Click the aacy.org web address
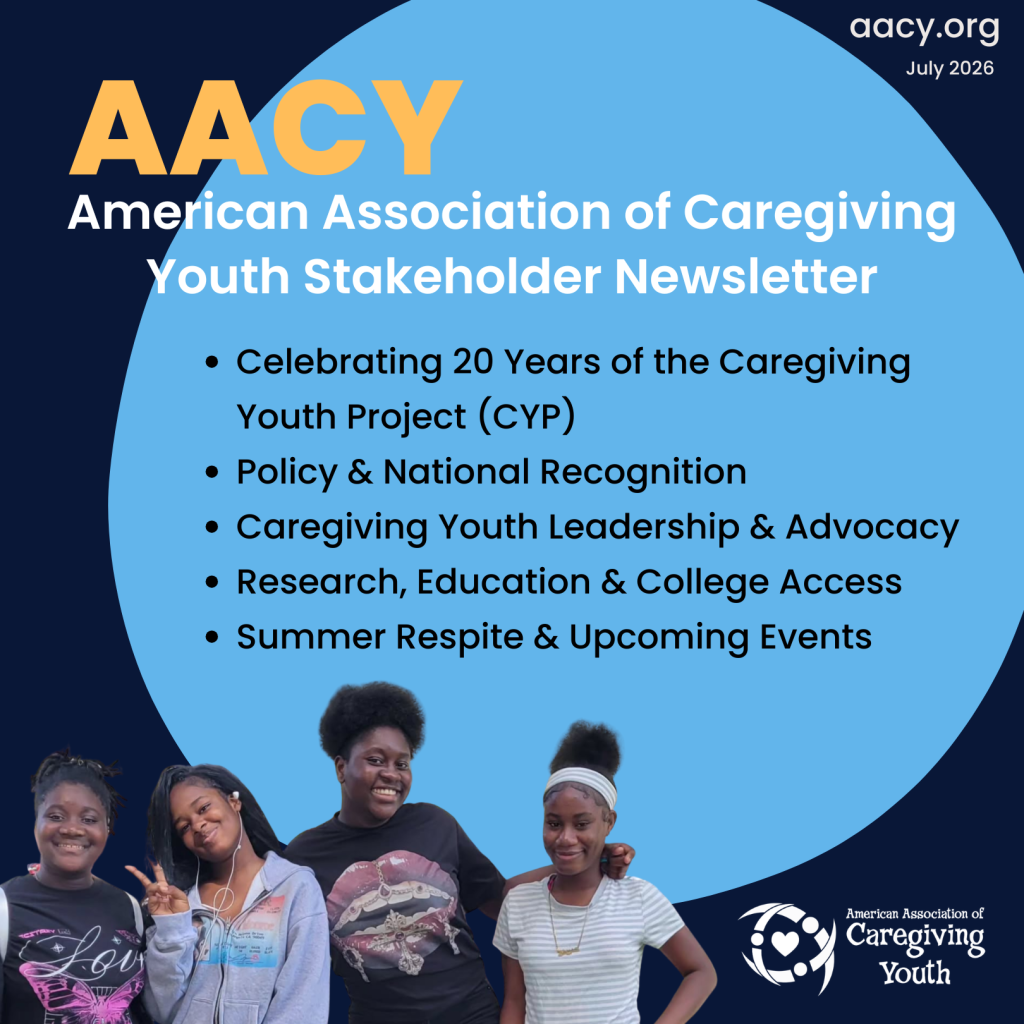pos(924,29)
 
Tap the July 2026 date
pos(950,69)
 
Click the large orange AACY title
pos(266,127)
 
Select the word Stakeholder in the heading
pos(452,276)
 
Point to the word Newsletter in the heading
pos(746,276)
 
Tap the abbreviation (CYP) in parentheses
pos(527,417)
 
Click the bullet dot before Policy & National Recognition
pos(212,472)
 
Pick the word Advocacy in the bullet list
pos(872,528)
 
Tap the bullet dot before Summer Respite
pos(212,637)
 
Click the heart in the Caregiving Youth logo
pos(784,943)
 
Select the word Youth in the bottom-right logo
pos(914,973)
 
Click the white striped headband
pos(581,784)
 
